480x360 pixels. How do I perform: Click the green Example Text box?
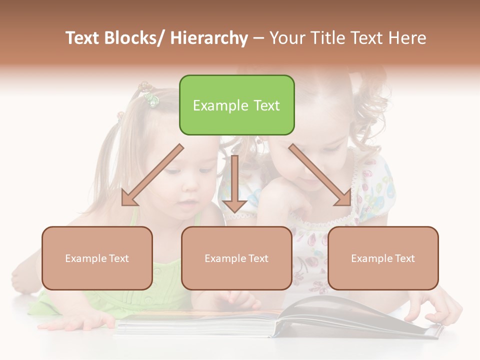coord(236,105)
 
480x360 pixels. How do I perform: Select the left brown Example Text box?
coord(97,258)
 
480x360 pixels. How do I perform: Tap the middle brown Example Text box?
coord(236,258)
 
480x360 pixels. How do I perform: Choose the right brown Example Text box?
coord(383,258)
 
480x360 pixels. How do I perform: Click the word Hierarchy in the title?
coord(209,38)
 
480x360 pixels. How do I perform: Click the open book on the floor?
coord(280,320)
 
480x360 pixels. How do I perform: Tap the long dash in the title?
coord(258,38)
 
